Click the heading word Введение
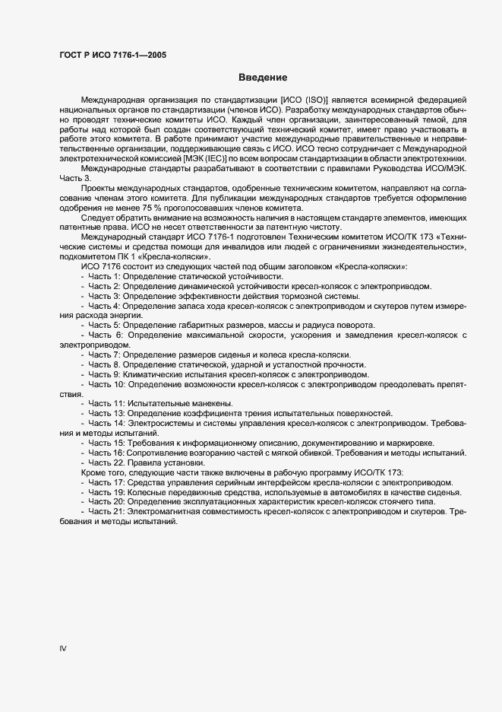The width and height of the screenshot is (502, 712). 262,77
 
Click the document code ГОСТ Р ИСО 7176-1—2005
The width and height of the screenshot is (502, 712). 113,56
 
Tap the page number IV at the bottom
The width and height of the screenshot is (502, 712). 63,649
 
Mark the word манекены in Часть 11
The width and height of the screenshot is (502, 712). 212,402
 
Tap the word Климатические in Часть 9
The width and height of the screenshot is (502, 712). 155,374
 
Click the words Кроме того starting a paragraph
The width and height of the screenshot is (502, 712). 103,472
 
